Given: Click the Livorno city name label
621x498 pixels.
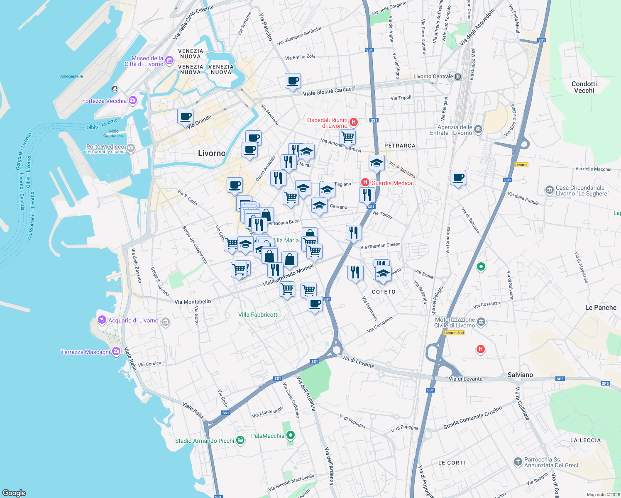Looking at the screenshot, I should coord(212,153).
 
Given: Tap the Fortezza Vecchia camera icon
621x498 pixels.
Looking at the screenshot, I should coord(133,100).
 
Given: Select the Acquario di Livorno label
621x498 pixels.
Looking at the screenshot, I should coord(133,320).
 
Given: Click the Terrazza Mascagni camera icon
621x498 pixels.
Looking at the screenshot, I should coord(116,352).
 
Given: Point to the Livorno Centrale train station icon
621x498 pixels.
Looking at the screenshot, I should coord(457,77).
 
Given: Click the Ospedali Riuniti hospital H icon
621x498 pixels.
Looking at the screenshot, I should coord(354,122).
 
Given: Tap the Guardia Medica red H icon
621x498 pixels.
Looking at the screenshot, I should coord(365,182).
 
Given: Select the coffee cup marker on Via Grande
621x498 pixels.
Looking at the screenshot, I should coord(185,116).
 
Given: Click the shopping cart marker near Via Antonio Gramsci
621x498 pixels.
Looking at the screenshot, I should coord(347,137).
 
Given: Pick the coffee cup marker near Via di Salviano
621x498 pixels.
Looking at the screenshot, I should coord(458,178).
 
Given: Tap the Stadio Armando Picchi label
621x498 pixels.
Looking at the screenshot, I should coord(204,441).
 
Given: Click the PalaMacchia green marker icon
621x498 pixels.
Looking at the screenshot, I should coord(291,435).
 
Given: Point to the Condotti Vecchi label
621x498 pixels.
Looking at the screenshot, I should coord(584,87).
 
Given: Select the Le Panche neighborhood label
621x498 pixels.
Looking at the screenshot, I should coord(601,308).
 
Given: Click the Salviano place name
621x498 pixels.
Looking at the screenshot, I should coord(520,375).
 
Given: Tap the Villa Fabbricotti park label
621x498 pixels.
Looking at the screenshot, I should coord(258,315).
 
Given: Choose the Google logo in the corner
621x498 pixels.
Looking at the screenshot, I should coord(14,493).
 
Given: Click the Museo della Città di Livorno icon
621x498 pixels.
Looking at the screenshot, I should coord(169,61).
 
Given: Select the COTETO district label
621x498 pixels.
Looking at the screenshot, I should coord(384,292).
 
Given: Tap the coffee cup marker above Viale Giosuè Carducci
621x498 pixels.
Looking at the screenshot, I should coord(293,81).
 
